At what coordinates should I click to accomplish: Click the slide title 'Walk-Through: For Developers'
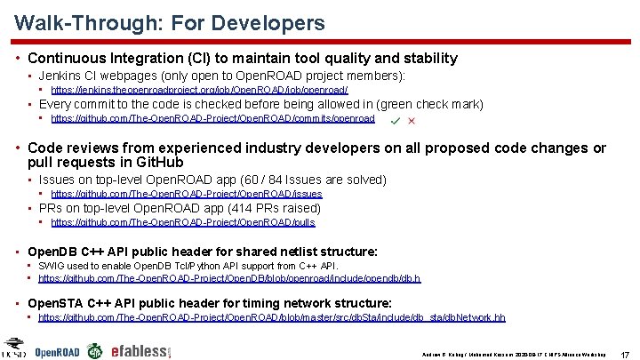[x=170, y=23]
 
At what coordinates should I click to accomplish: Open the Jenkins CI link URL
[x=199, y=90]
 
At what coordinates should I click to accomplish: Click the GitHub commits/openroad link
[x=212, y=118]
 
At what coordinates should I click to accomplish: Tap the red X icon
[x=412, y=120]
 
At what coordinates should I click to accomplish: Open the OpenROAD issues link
[x=187, y=194]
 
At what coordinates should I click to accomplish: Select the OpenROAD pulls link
[x=183, y=222]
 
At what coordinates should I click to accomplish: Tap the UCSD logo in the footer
[x=13, y=348]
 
